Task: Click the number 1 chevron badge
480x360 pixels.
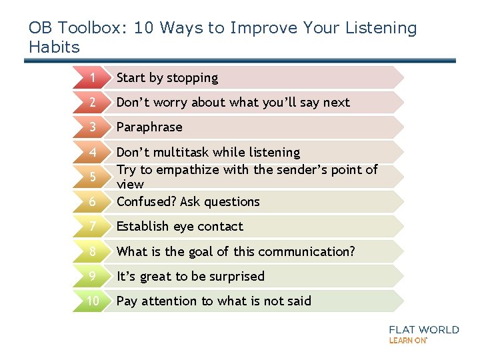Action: pos(93,78)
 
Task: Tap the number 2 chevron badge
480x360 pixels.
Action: pos(93,103)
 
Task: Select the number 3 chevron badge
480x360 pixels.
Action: pos(93,127)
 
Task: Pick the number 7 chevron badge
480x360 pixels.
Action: pos(93,227)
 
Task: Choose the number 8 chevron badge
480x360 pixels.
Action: pos(93,251)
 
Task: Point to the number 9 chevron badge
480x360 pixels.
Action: pos(93,276)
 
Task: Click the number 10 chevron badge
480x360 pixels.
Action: pos(93,301)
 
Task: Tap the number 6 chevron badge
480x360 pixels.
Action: pos(93,201)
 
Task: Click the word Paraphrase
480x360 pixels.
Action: pos(149,127)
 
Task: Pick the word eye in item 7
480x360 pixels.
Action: pos(183,227)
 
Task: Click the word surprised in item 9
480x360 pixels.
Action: pos(233,277)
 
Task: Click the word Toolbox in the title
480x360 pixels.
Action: pos(90,28)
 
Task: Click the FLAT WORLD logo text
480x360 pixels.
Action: pos(424,329)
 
